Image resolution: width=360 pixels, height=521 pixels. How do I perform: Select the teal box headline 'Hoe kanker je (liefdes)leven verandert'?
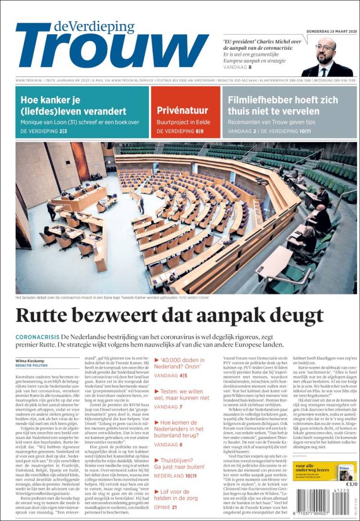73,106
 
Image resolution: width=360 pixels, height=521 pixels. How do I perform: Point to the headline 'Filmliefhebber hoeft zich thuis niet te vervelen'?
283,106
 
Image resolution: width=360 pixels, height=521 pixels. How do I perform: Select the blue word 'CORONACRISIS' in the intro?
37,337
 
